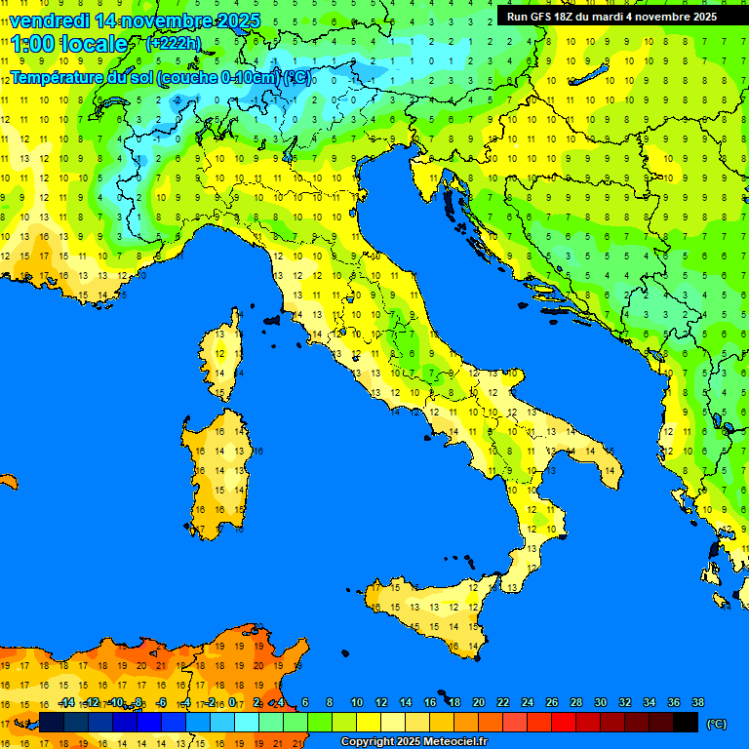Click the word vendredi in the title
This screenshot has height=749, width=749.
(49, 20)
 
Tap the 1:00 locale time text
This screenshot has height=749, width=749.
(68, 44)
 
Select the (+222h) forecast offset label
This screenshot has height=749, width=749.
(173, 43)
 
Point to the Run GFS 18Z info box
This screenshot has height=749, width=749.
(611, 16)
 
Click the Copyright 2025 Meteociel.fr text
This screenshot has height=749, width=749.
(414, 741)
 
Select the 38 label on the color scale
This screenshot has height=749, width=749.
(697, 702)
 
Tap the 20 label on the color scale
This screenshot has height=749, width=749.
(478, 702)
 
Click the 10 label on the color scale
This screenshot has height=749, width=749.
(356, 702)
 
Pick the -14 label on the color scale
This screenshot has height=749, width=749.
(66, 702)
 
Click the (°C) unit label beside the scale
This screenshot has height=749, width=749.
(716, 724)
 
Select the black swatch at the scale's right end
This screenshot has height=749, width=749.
(686, 722)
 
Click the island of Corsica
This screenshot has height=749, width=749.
(223, 356)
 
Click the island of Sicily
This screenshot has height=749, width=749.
(429, 610)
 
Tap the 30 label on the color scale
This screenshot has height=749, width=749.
(600, 702)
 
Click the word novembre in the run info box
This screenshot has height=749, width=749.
(662, 16)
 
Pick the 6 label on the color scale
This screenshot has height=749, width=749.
(305, 702)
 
